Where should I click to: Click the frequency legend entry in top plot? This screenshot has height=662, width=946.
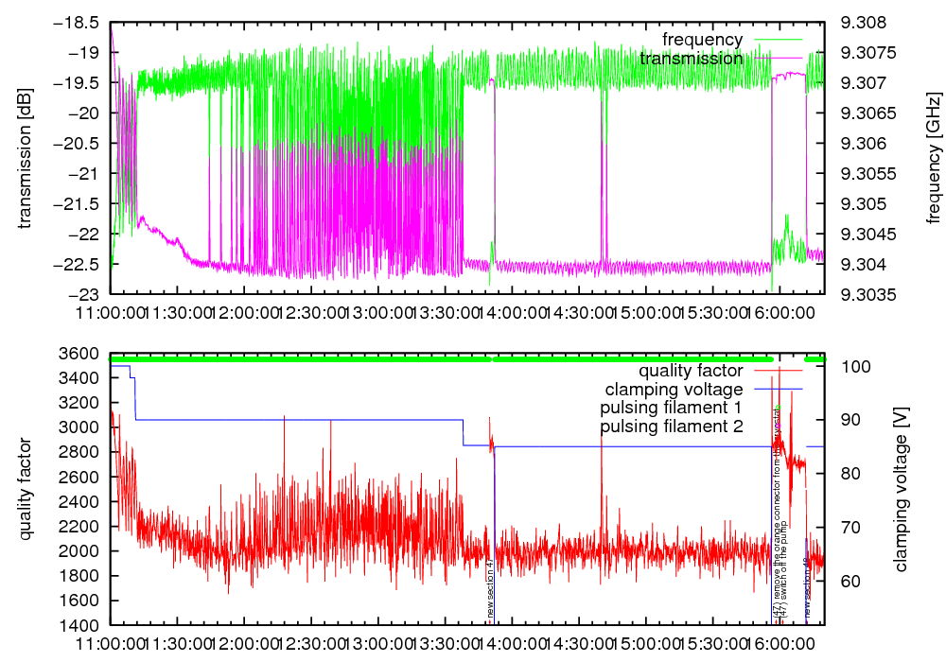pyautogui.click(x=702, y=40)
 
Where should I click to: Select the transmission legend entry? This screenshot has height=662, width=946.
pyautogui.click(x=691, y=59)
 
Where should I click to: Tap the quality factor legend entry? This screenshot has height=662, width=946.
pyautogui.click(x=690, y=371)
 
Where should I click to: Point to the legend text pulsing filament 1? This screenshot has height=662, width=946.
pyautogui.click(x=671, y=408)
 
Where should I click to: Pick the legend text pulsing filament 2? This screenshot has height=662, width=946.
pyautogui.click(x=671, y=427)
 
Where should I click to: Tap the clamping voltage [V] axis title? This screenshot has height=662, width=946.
pyautogui.click(x=901, y=489)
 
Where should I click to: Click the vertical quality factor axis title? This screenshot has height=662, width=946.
pyautogui.click(x=26, y=489)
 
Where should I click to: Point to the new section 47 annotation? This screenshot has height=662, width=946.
pyautogui.click(x=490, y=589)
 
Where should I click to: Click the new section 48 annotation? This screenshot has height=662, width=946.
pyautogui.click(x=807, y=589)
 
